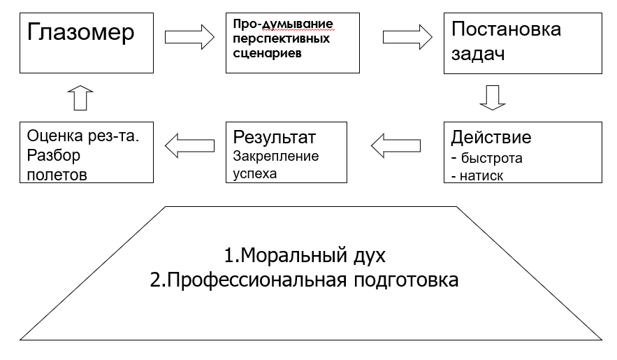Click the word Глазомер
pyautogui.click(x=81, y=33)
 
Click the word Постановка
pyautogui.click(x=506, y=29)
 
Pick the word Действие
pyautogui.click(x=491, y=136)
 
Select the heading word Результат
pyautogui.click(x=275, y=136)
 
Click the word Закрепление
pyautogui.click(x=276, y=156)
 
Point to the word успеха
pyautogui.click(x=255, y=173)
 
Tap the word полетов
pyautogui.click(x=57, y=174)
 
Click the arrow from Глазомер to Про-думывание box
pyautogui.click(x=189, y=36)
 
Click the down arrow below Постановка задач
pyautogui.click(x=492, y=97)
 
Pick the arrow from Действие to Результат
pyautogui.click(x=395, y=145)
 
